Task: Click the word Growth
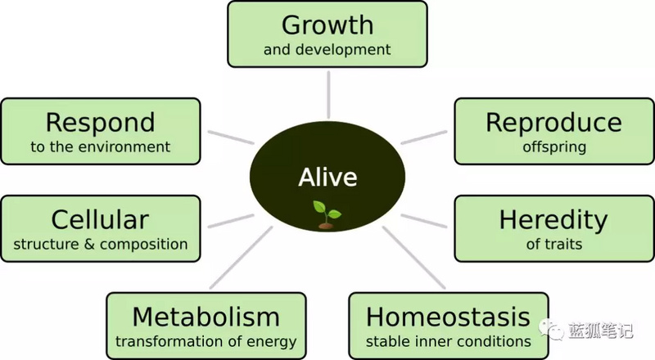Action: [x=327, y=25]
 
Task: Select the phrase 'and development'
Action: [x=327, y=50]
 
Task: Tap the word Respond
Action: [x=100, y=124]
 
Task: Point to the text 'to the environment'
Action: [x=100, y=146]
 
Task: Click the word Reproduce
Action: [x=554, y=124]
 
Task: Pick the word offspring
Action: [x=554, y=147]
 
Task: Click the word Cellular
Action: [x=100, y=219]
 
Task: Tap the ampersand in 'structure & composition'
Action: [x=89, y=245]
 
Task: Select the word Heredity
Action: [x=554, y=222]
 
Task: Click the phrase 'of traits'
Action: [x=554, y=244]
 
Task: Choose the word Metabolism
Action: [x=206, y=317]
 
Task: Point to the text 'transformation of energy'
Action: [x=206, y=342]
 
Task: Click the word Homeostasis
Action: [x=448, y=317]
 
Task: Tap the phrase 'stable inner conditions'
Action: [x=448, y=342]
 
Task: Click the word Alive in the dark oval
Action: [x=328, y=177]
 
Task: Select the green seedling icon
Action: [x=327, y=214]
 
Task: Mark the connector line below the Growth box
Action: [x=329, y=95]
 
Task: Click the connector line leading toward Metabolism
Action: [x=241, y=258]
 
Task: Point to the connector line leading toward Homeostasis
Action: [x=413, y=258]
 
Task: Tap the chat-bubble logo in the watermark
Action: [x=551, y=330]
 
